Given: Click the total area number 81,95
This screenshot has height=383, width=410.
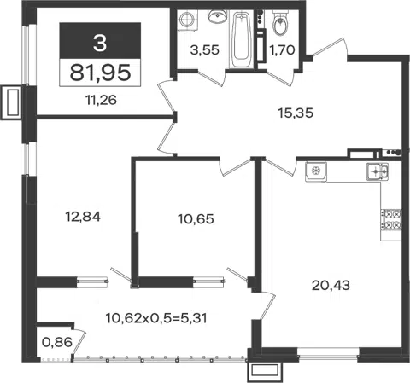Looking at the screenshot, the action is click(100, 73).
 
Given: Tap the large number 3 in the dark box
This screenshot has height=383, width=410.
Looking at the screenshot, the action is click(100, 43).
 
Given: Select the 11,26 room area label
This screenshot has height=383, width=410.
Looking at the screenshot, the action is click(101, 100).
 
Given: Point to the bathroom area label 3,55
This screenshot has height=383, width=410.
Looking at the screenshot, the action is click(205, 50).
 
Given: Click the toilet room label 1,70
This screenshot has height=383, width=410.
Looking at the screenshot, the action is click(282, 50).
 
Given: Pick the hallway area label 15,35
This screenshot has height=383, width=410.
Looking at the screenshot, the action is click(296, 113).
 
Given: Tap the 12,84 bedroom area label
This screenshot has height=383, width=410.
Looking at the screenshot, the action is click(83, 217).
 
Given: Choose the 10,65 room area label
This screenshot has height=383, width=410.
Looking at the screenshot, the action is click(196, 219).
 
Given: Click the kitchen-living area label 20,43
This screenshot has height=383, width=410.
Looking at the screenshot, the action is click(331, 285).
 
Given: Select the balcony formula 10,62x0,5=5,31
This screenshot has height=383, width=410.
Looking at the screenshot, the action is click(156, 318).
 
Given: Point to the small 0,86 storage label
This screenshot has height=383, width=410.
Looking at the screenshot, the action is click(57, 342).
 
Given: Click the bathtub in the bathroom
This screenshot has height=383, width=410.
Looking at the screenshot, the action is click(242, 39).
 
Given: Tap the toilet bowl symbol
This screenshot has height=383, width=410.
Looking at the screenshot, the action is click(280, 23).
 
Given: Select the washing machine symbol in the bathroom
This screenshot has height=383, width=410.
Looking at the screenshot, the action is click(188, 20).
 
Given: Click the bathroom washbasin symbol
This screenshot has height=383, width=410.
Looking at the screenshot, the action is click(217, 16).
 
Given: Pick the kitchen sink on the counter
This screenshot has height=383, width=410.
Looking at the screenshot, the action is click(377, 171).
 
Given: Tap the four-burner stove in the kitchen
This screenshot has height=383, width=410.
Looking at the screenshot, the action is click(391, 220).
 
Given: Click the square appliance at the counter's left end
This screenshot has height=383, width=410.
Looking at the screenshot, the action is click(316, 171).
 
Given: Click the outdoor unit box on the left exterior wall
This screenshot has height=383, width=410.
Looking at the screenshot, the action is click(12, 102).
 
